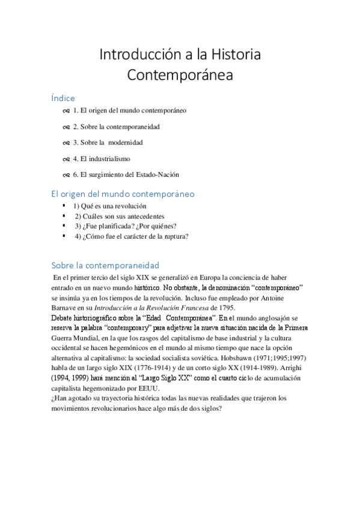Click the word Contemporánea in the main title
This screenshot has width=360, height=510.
pos(180,76)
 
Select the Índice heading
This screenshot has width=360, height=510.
pos(63,98)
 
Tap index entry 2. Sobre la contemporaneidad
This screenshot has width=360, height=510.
pos(116,127)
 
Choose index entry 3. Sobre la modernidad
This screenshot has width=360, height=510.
pos(108,143)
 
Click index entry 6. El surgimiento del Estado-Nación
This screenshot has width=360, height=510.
pos(126,174)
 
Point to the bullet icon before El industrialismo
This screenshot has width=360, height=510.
pos(66,159)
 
